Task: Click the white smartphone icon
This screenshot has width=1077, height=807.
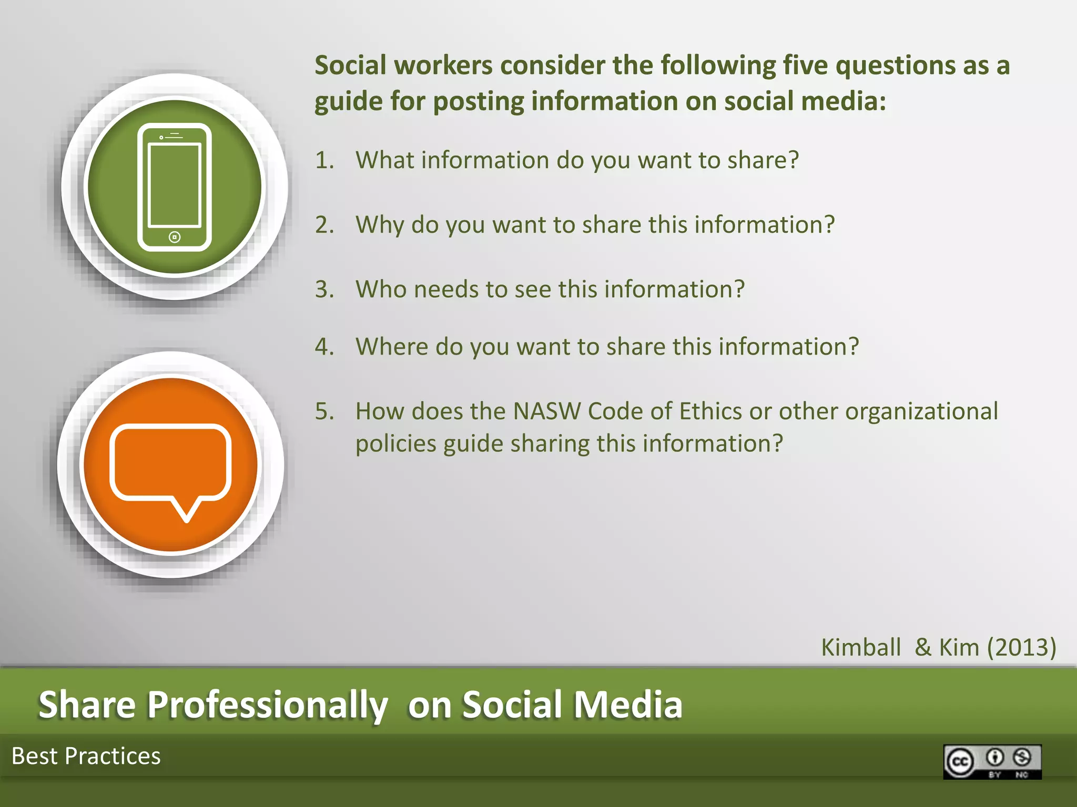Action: click(x=175, y=187)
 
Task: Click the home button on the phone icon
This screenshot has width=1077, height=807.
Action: click(x=175, y=237)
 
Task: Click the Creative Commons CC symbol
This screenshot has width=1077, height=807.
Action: click(x=960, y=761)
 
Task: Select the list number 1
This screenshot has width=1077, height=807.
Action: click(x=324, y=160)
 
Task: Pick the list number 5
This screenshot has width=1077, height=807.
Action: click(x=324, y=411)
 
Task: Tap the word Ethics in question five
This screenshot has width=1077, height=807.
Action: click(x=710, y=411)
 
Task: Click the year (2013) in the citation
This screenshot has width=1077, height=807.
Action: click(x=1021, y=647)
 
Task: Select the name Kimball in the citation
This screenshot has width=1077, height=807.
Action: click(x=861, y=647)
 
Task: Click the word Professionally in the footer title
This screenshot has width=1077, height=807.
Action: click(x=267, y=705)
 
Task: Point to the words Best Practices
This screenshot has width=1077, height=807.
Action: click(x=86, y=756)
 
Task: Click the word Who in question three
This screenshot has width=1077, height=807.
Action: click(x=381, y=289)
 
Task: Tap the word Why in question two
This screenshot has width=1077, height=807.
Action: click(x=380, y=225)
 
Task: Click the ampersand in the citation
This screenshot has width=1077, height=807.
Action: click(x=923, y=647)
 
